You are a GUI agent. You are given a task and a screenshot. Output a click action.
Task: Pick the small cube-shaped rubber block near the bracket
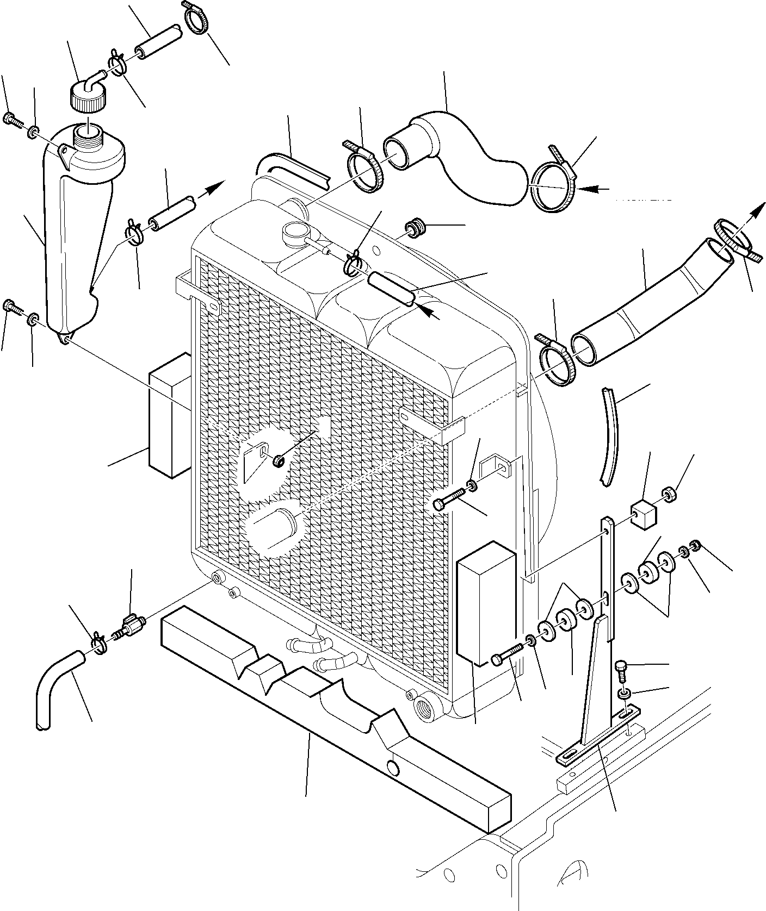point(642,513)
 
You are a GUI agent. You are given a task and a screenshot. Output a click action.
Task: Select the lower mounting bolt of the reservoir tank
point(11,307)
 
